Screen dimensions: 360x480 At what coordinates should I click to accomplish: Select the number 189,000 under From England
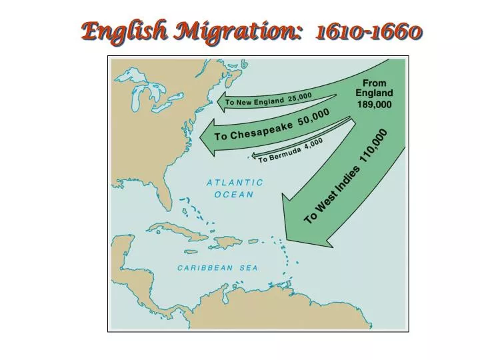(x=374, y=104)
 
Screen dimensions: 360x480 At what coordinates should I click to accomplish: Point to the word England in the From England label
(x=374, y=93)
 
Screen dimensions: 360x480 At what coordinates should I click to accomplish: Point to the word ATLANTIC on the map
(x=235, y=183)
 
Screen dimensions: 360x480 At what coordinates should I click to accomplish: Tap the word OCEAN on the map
(x=234, y=195)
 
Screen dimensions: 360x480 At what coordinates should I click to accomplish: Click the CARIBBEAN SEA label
(x=217, y=267)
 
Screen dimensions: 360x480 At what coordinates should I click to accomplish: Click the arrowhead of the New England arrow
(x=221, y=103)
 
